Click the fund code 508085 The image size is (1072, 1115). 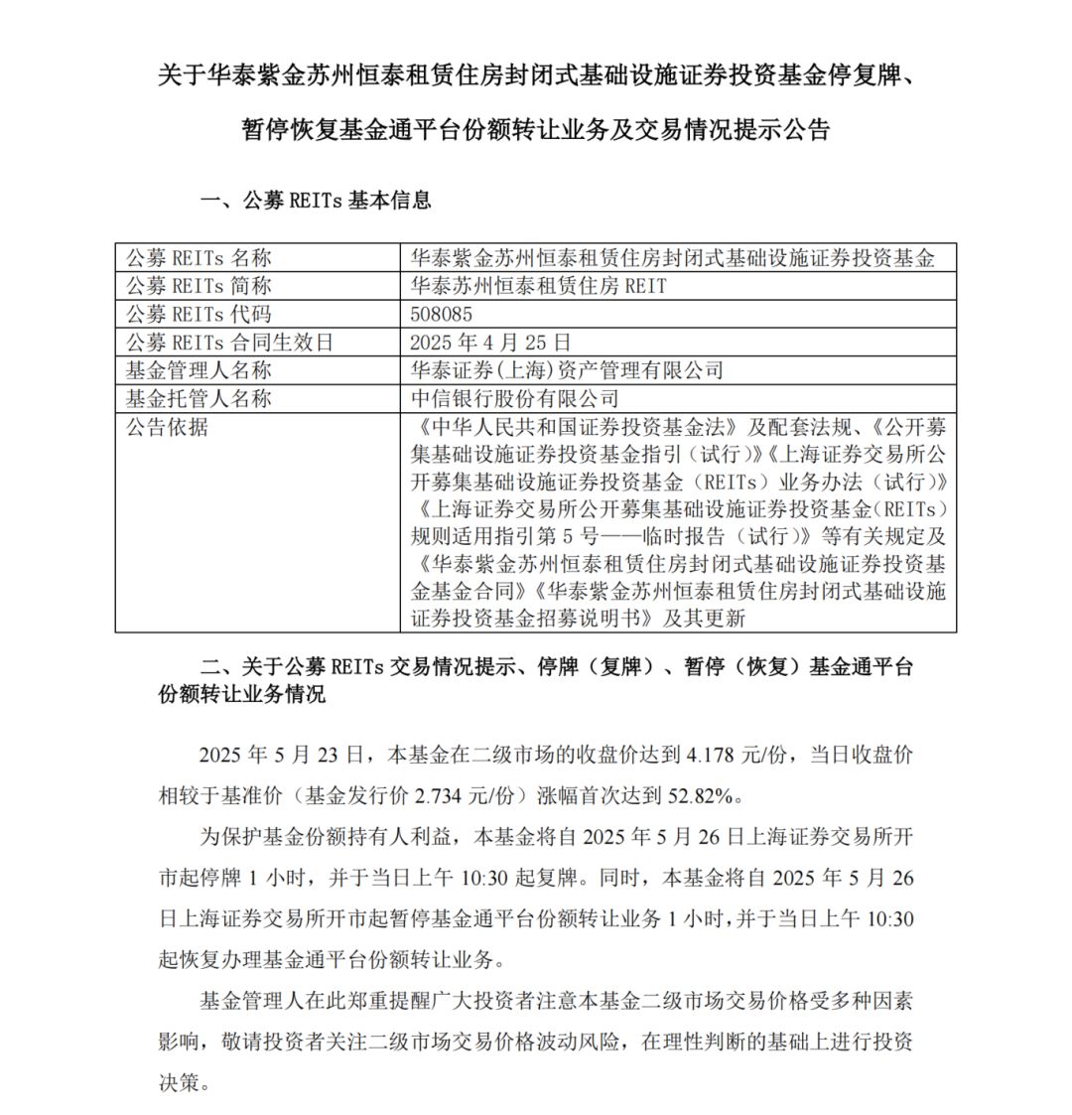pyautogui.click(x=441, y=314)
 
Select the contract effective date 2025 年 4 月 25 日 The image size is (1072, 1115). pyautogui.click(x=491, y=343)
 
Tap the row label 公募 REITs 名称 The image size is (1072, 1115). pyautogui.click(x=198, y=258)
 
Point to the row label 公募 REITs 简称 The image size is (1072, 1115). pyautogui.click(x=198, y=286)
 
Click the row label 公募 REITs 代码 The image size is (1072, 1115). pyautogui.click(x=198, y=314)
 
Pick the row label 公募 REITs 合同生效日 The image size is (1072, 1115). pyautogui.click(x=229, y=343)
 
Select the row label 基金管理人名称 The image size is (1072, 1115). pyautogui.click(x=198, y=370)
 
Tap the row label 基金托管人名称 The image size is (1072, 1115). pyautogui.click(x=198, y=398)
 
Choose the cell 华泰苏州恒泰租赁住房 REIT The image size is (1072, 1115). pyautogui.click(x=538, y=286)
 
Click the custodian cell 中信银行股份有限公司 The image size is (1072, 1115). pyautogui.click(x=514, y=398)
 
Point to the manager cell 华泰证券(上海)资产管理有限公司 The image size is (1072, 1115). pyautogui.click(x=567, y=370)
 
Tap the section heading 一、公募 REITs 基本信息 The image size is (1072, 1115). pyautogui.click(x=316, y=200)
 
